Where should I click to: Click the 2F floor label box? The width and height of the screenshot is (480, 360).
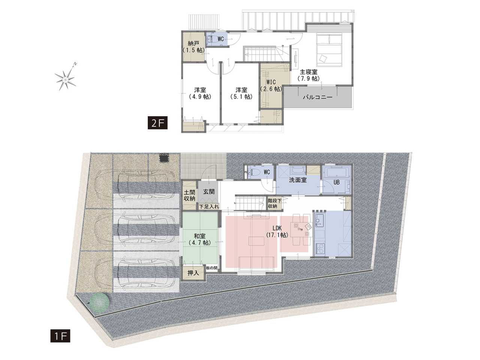pos(157,123)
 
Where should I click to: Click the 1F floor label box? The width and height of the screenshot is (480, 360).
pos(60,336)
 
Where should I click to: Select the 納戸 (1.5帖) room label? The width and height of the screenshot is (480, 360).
pos(193,47)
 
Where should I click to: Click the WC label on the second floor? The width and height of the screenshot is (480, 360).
pos(220,39)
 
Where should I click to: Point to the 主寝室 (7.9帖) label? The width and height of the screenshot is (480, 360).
pos(308,75)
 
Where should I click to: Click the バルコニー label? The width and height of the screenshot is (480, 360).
pos(318,97)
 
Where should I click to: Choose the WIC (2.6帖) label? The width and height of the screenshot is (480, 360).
pos(271,85)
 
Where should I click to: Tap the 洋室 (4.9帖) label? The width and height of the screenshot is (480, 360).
pos(200,93)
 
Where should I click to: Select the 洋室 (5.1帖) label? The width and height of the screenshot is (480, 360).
pos(241,93)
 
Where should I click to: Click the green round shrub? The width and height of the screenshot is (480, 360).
pos(100,301)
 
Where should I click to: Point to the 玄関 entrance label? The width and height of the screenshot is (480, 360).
pos(209,192)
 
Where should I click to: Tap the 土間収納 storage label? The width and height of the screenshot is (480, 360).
pos(189,195)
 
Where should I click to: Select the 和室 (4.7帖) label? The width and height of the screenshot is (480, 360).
pos(200,239)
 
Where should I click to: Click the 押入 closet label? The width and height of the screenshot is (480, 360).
pos(193,273)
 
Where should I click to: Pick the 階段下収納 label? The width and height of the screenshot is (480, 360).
pos(273,203)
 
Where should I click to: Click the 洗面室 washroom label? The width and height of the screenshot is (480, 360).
pos(298,180)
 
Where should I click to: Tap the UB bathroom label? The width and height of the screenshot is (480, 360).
pos(336,182)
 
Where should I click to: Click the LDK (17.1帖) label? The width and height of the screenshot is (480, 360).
pos(277,231)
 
